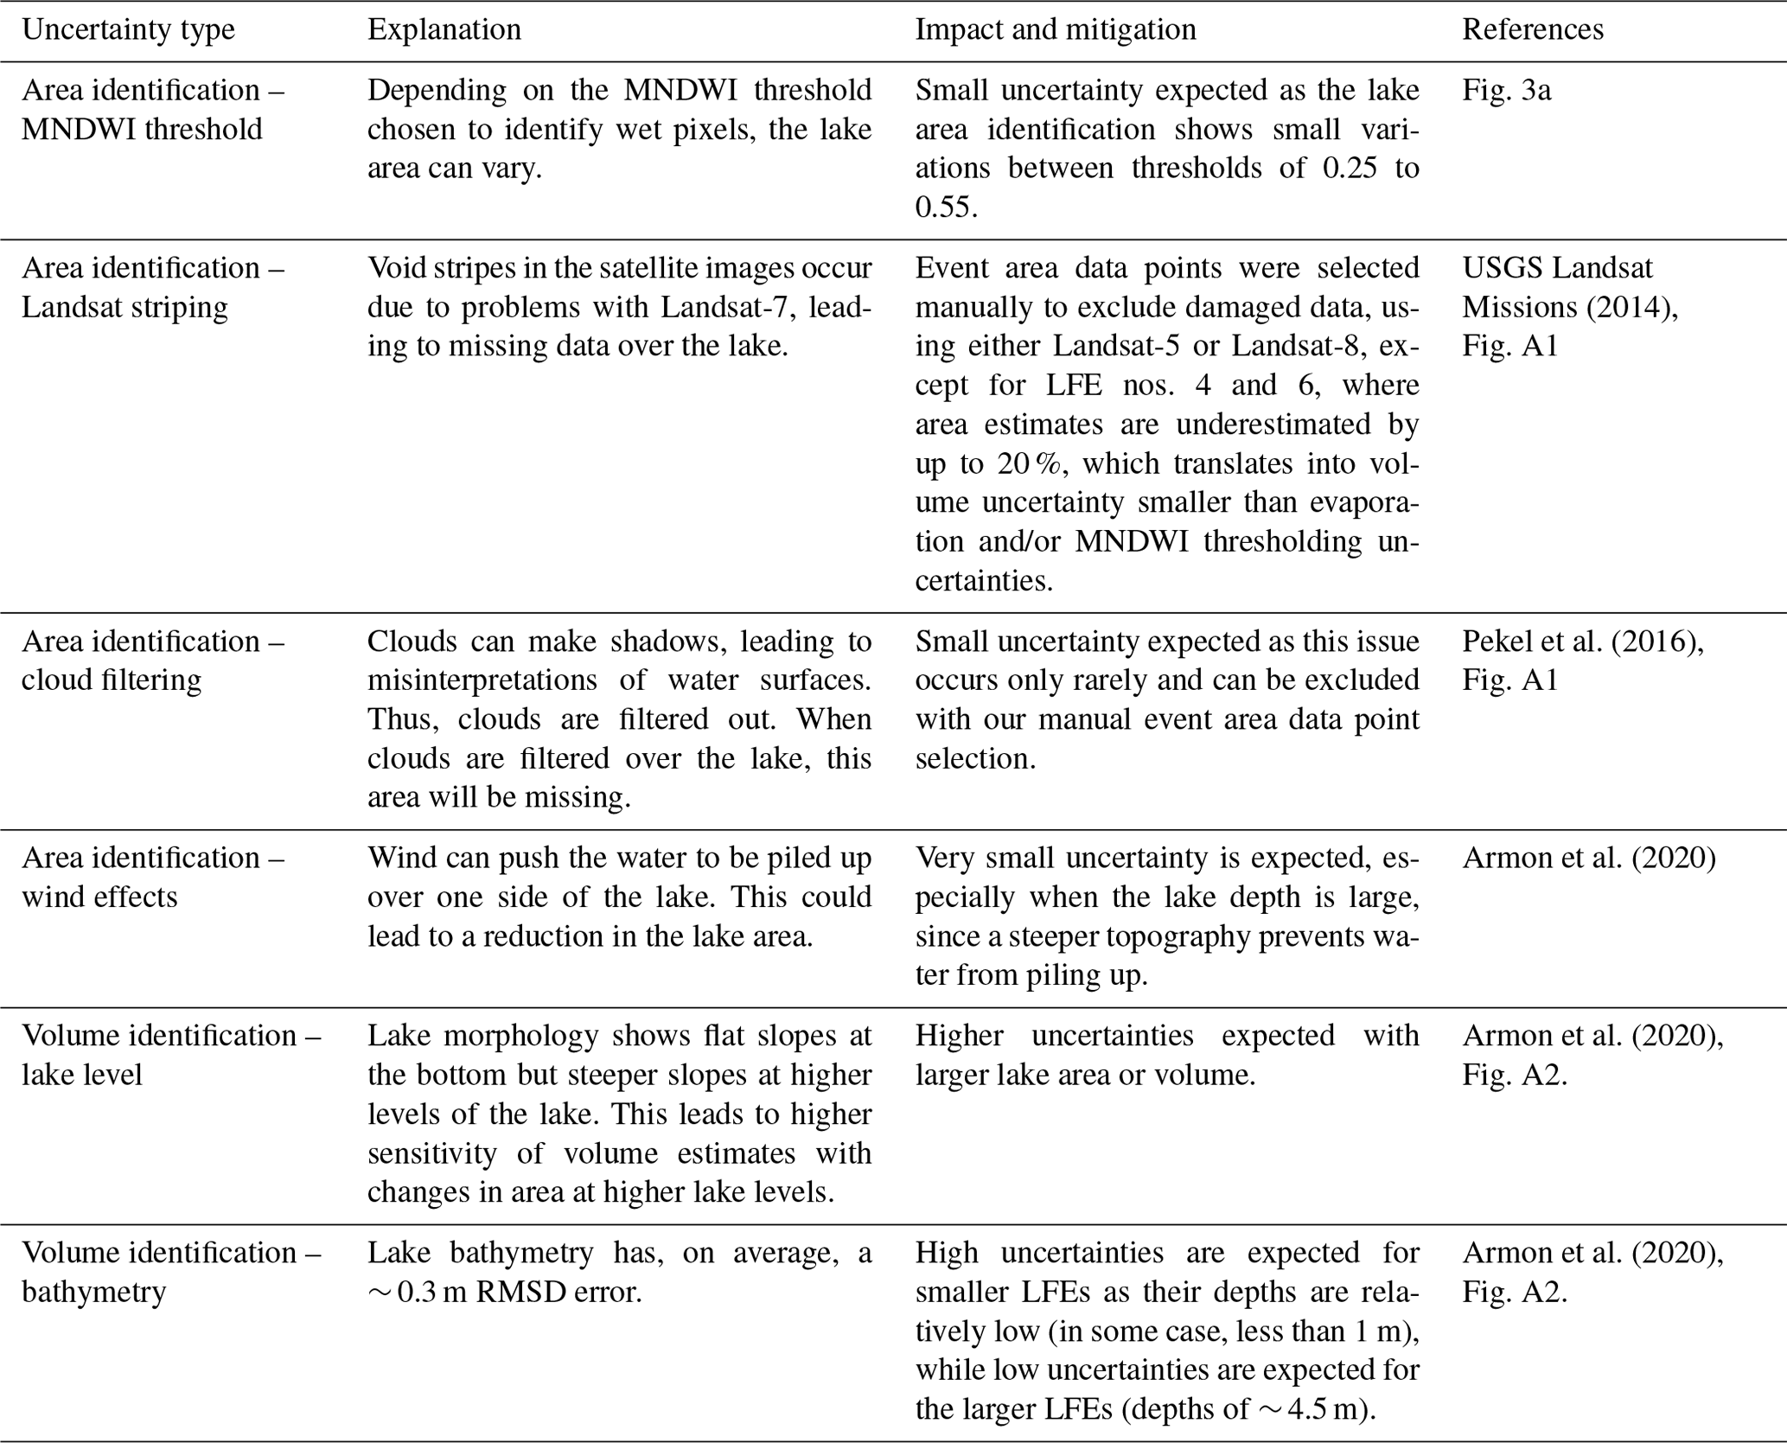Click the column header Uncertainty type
(128, 29)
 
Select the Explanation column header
(444, 29)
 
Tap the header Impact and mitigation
(1056, 29)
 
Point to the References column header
(1533, 29)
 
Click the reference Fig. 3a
(1506, 90)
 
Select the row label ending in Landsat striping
(124, 307)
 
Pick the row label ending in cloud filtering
(112, 680)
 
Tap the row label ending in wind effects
(99, 897)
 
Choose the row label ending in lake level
(82, 1075)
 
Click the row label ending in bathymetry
(93, 1292)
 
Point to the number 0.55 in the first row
(946, 208)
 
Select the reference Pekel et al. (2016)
(1583, 642)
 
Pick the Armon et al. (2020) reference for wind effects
(1589, 858)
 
